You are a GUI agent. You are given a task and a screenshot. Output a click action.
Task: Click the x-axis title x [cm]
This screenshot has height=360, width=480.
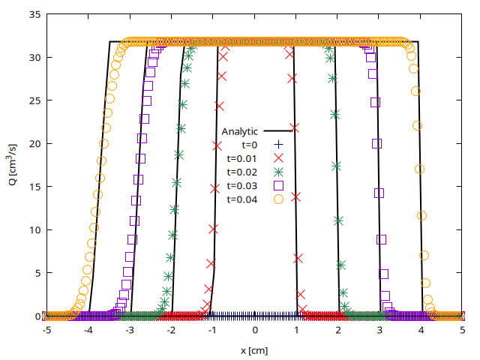tap(255, 350)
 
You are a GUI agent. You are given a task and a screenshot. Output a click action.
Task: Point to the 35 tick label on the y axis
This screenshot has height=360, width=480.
tap(33, 13)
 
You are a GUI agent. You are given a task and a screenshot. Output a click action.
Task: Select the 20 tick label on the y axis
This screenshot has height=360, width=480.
tap(33, 143)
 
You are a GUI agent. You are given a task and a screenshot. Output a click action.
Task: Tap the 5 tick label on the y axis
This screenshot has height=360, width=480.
tap(36, 273)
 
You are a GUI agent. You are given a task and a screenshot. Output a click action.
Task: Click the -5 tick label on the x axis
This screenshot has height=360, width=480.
tap(46, 331)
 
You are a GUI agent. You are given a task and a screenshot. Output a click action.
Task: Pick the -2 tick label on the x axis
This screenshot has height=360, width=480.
tap(171, 331)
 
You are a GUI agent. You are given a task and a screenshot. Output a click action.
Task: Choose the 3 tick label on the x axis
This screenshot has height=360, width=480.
tap(380, 331)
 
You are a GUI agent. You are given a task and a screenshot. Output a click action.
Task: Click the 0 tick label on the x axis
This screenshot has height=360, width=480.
tap(255, 331)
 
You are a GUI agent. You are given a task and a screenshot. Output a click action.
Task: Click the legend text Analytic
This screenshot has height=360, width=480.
tap(240, 130)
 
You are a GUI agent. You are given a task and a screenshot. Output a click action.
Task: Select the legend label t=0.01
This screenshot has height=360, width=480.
tap(241, 158)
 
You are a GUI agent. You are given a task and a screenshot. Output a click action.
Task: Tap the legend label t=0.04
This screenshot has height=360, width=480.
tap(241, 199)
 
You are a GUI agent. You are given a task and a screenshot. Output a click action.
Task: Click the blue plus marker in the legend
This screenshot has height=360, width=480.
tap(278, 144)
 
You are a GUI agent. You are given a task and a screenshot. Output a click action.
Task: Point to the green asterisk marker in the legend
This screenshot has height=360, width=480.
tap(278, 172)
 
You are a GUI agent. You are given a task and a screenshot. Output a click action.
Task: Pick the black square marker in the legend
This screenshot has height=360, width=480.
tap(278, 185)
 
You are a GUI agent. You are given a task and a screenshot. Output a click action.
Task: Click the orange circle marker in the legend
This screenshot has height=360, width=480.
tap(278, 199)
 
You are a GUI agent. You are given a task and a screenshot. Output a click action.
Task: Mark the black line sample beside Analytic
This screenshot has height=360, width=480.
tap(278, 130)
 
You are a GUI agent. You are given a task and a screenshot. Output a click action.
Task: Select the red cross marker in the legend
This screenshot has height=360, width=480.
tap(278, 158)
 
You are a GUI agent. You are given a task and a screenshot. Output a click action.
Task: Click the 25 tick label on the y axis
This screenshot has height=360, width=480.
tap(33, 100)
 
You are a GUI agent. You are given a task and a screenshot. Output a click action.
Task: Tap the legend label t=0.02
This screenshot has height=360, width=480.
tap(241, 172)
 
